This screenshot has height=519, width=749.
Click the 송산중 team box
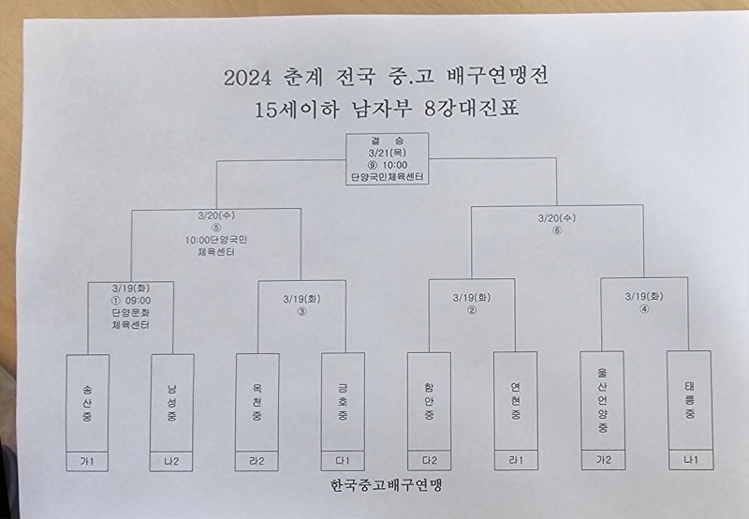pyautogui.click(x=88, y=404)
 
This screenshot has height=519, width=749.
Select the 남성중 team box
pyautogui.click(x=171, y=404)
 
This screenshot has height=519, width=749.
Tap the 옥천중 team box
pyautogui.click(x=257, y=404)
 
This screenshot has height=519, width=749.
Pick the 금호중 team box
pyautogui.click(x=342, y=404)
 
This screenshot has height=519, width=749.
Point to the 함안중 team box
pyautogui.click(x=428, y=404)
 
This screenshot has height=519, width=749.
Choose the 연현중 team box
pyautogui.click(x=515, y=404)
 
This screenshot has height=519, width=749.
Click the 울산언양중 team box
pyautogui.click(x=601, y=404)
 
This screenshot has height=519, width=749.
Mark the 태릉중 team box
pyautogui.click(x=689, y=404)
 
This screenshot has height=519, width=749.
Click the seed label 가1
pyautogui.click(x=88, y=462)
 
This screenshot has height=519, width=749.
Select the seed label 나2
pyautogui.click(x=171, y=462)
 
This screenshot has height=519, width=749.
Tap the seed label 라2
pyautogui.click(x=257, y=462)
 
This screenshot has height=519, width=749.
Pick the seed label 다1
pyautogui.click(x=342, y=462)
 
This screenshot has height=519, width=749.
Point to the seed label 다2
pyautogui.click(x=428, y=462)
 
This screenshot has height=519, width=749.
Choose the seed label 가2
pyautogui.click(x=601, y=462)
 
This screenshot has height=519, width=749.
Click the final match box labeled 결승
pyautogui.click(x=386, y=158)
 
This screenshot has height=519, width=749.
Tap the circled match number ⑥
pyautogui.click(x=556, y=230)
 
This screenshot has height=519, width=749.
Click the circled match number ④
pyautogui.click(x=644, y=310)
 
